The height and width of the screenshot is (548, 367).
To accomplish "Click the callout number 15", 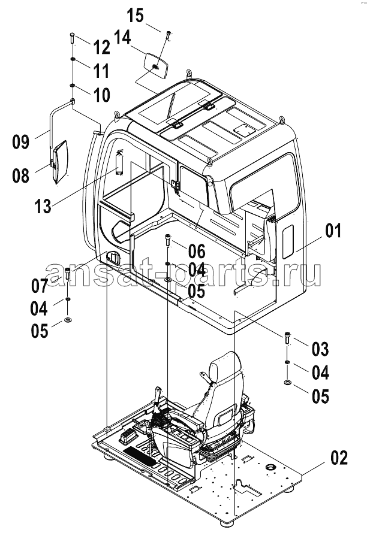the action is point(135,16).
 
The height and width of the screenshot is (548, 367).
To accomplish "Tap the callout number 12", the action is point(101,47).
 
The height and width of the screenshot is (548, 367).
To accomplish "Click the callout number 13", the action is point(43,206).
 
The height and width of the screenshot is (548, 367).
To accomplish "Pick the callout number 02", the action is point(339,458).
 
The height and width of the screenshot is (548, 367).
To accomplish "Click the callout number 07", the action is point(39,286).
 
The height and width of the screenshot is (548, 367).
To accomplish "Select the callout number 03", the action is point(320,349).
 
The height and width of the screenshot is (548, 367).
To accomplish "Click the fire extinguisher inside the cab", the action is point(120,162).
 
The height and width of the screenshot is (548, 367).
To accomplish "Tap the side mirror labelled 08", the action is point(59,162).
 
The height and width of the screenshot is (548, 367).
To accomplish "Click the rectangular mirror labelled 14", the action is point(156,66).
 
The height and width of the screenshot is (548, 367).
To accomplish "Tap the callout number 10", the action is point(101,95).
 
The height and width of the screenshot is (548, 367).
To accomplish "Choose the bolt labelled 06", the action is point(168,240).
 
